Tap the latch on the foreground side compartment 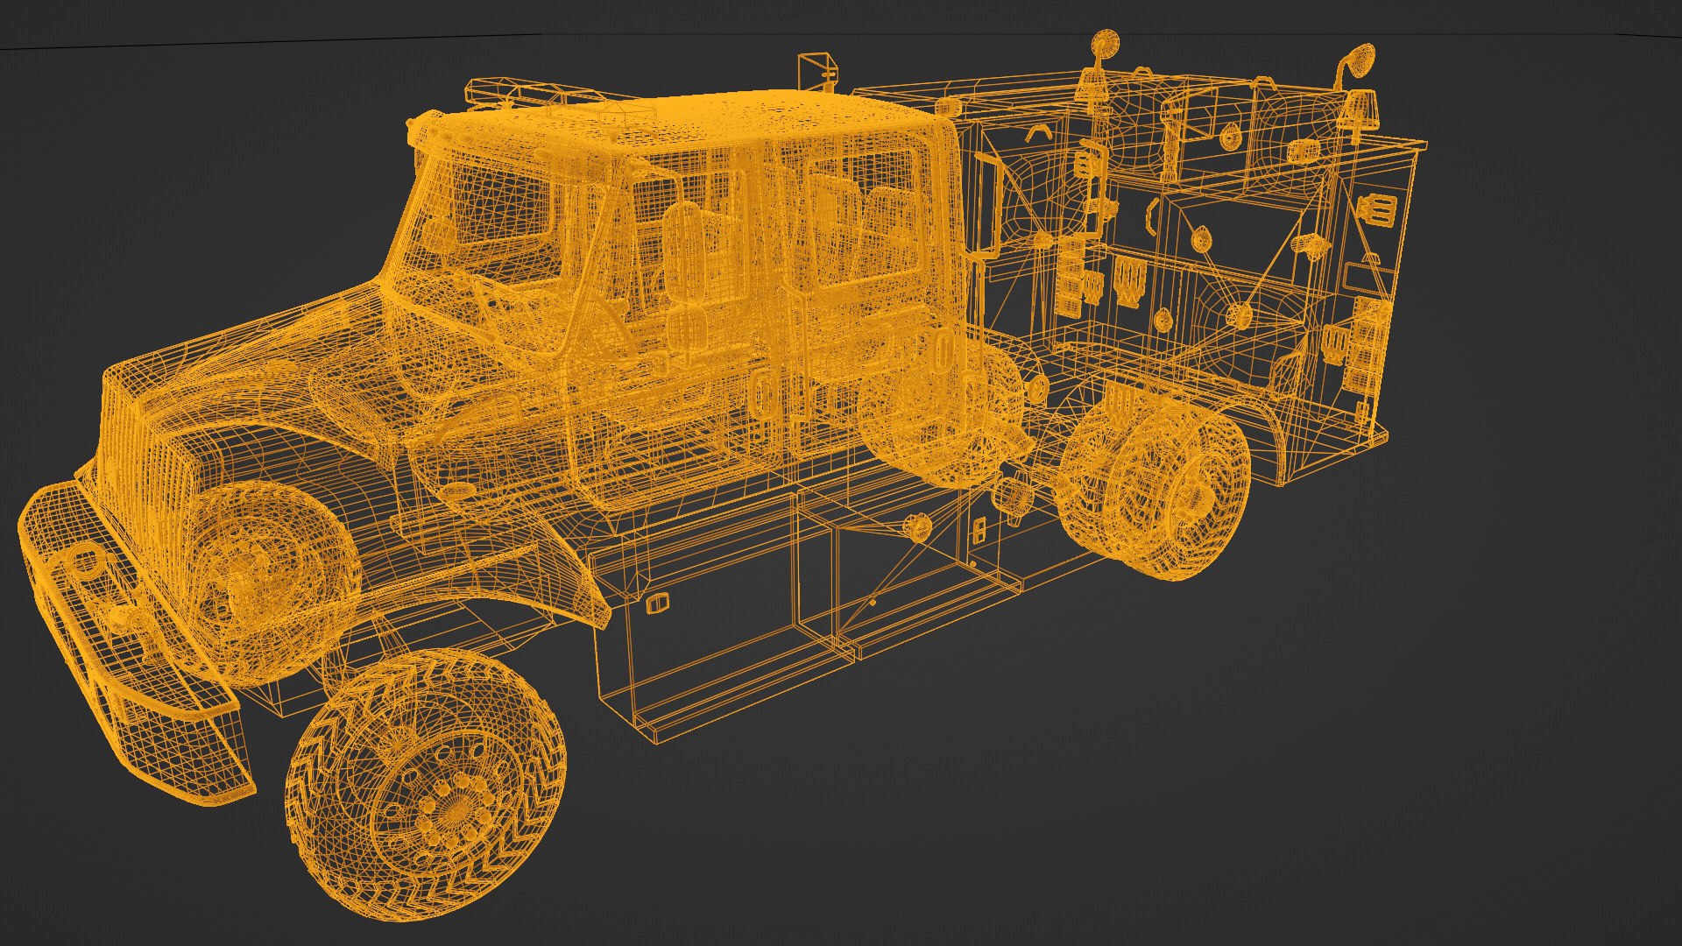tap(656, 604)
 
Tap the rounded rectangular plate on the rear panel tap(1362, 280)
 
